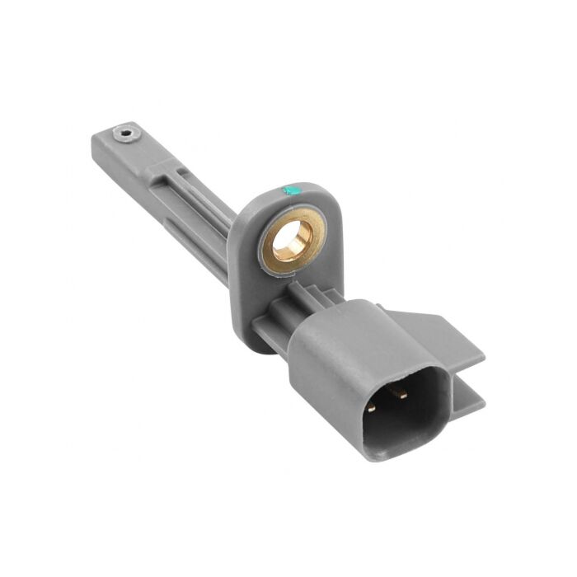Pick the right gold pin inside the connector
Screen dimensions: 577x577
[x=401, y=392]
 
